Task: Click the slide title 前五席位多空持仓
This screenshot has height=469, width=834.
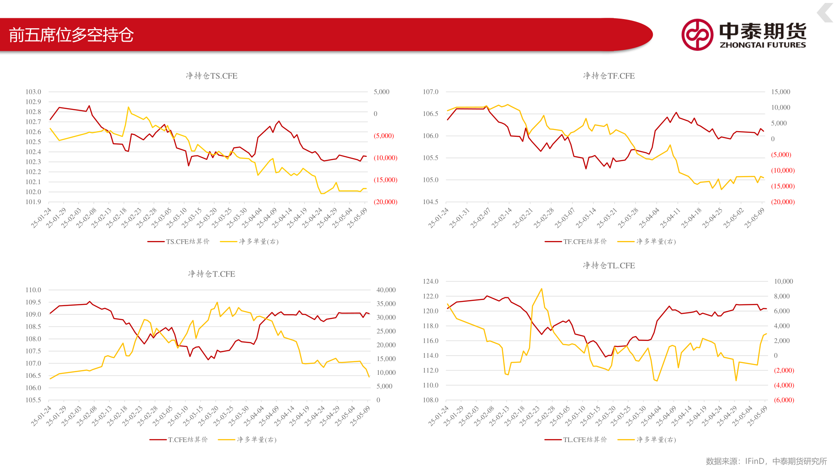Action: pyautogui.click(x=71, y=35)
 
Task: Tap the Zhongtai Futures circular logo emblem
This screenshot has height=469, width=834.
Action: pyautogui.click(x=697, y=35)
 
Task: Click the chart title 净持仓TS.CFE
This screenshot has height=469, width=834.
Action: pyautogui.click(x=212, y=76)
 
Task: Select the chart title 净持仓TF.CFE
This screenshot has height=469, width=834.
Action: pyautogui.click(x=609, y=76)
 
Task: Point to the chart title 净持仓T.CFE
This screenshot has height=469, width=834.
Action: pyautogui.click(x=212, y=274)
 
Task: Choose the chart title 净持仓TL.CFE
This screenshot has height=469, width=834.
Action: pyautogui.click(x=609, y=265)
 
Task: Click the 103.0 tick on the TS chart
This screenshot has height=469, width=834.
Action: pyautogui.click(x=33, y=92)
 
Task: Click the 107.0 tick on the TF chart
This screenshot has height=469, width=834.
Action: pyautogui.click(x=430, y=92)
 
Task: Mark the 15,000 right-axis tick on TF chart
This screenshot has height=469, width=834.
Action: pyautogui.click(x=781, y=92)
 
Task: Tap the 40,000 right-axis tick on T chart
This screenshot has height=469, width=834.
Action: pyautogui.click(x=386, y=290)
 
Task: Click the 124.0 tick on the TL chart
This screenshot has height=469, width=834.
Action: pyautogui.click(x=430, y=281)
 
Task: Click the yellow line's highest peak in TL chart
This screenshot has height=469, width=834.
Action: pyautogui.click(x=541, y=289)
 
